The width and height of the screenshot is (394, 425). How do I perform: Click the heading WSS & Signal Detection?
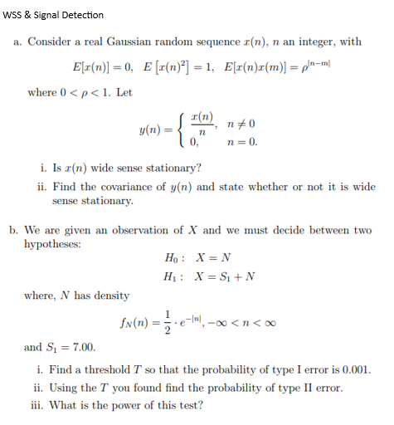click(53, 15)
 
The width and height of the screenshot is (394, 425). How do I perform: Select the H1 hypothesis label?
click(174, 276)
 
